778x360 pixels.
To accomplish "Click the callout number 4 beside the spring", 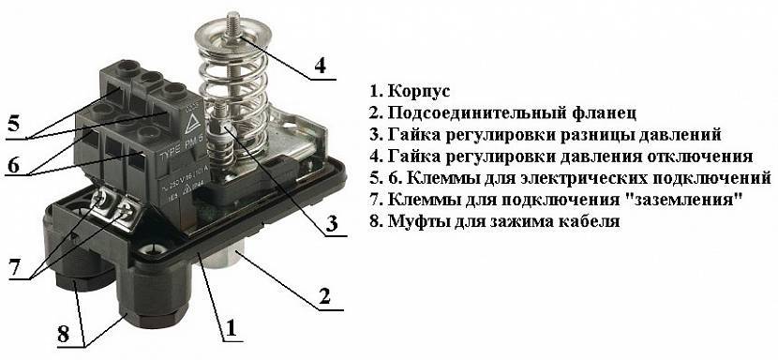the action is tap(321, 65).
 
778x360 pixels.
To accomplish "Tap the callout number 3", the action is tap(332, 223).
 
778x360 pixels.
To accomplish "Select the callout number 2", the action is tap(324, 296).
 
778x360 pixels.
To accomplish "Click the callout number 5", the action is tap(13, 122).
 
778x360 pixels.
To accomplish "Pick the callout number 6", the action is tap(13, 164).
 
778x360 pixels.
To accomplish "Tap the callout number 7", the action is tap(16, 266).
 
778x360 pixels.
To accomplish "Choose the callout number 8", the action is tap(63, 334).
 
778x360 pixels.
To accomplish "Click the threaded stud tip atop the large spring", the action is tap(233, 19).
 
